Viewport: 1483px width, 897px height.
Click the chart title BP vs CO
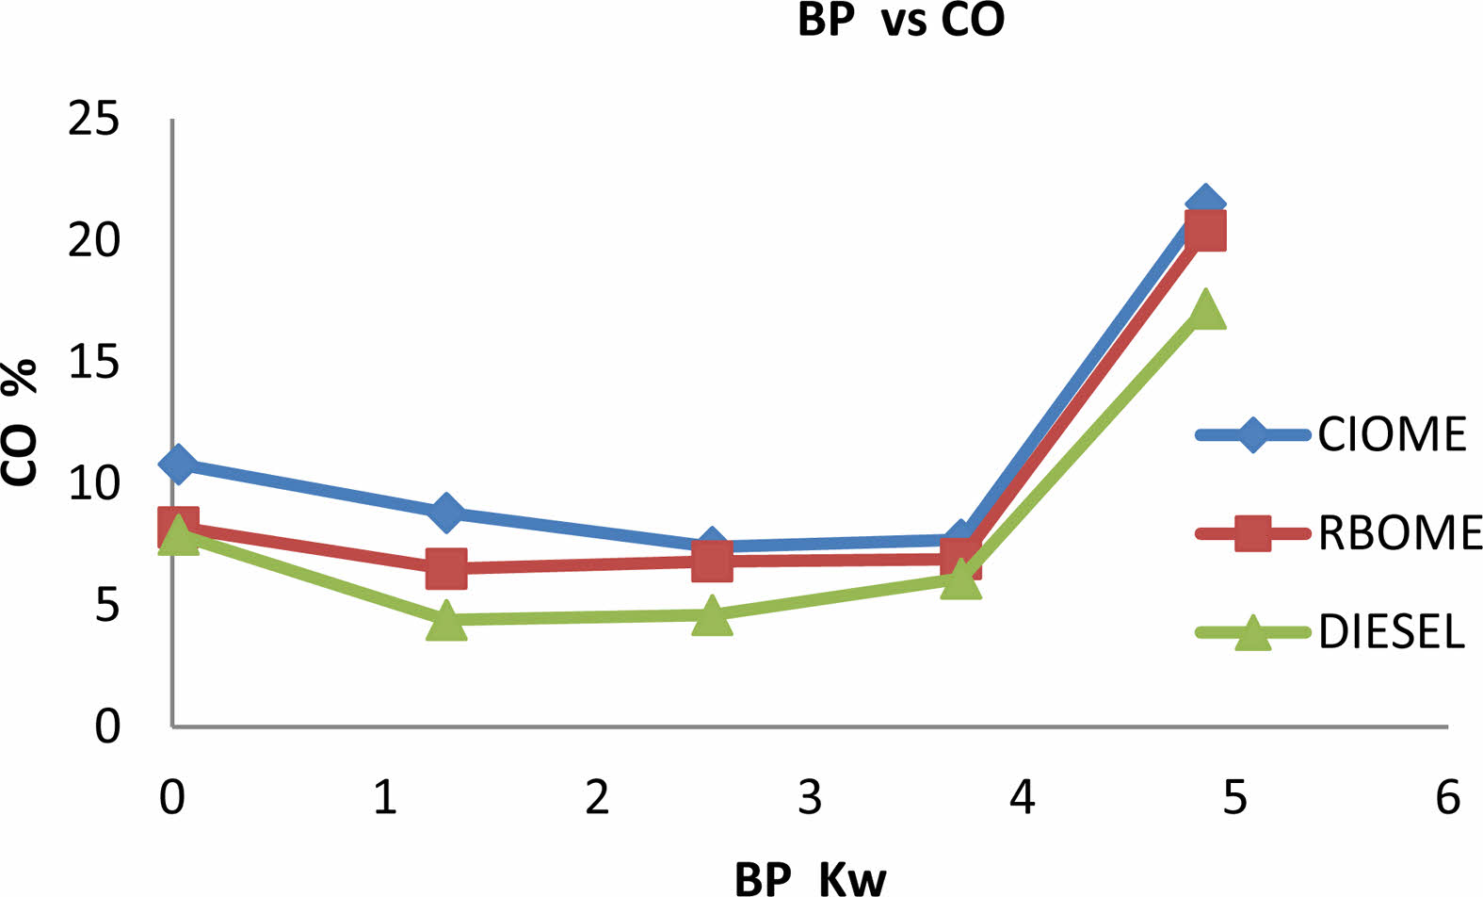(x=901, y=20)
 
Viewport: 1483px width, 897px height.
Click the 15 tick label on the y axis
(x=95, y=362)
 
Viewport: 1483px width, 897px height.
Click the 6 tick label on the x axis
(x=1447, y=797)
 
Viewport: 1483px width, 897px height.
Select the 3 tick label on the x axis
(x=810, y=797)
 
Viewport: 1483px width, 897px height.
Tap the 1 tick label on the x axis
(x=384, y=797)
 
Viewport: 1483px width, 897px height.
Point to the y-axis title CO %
(x=21, y=421)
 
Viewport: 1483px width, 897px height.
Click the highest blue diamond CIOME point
(x=1205, y=204)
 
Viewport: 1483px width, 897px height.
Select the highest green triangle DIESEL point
(x=1206, y=309)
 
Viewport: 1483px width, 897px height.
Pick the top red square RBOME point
(x=1205, y=230)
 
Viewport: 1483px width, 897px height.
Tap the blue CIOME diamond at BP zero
(x=177, y=464)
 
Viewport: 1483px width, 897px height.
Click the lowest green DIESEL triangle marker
(x=446, y=620)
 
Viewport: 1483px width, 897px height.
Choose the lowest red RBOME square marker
(x=446, y=568)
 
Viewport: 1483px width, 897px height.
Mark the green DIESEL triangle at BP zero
(x=178, y=537)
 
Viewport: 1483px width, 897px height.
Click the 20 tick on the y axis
(x=95, y=241)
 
